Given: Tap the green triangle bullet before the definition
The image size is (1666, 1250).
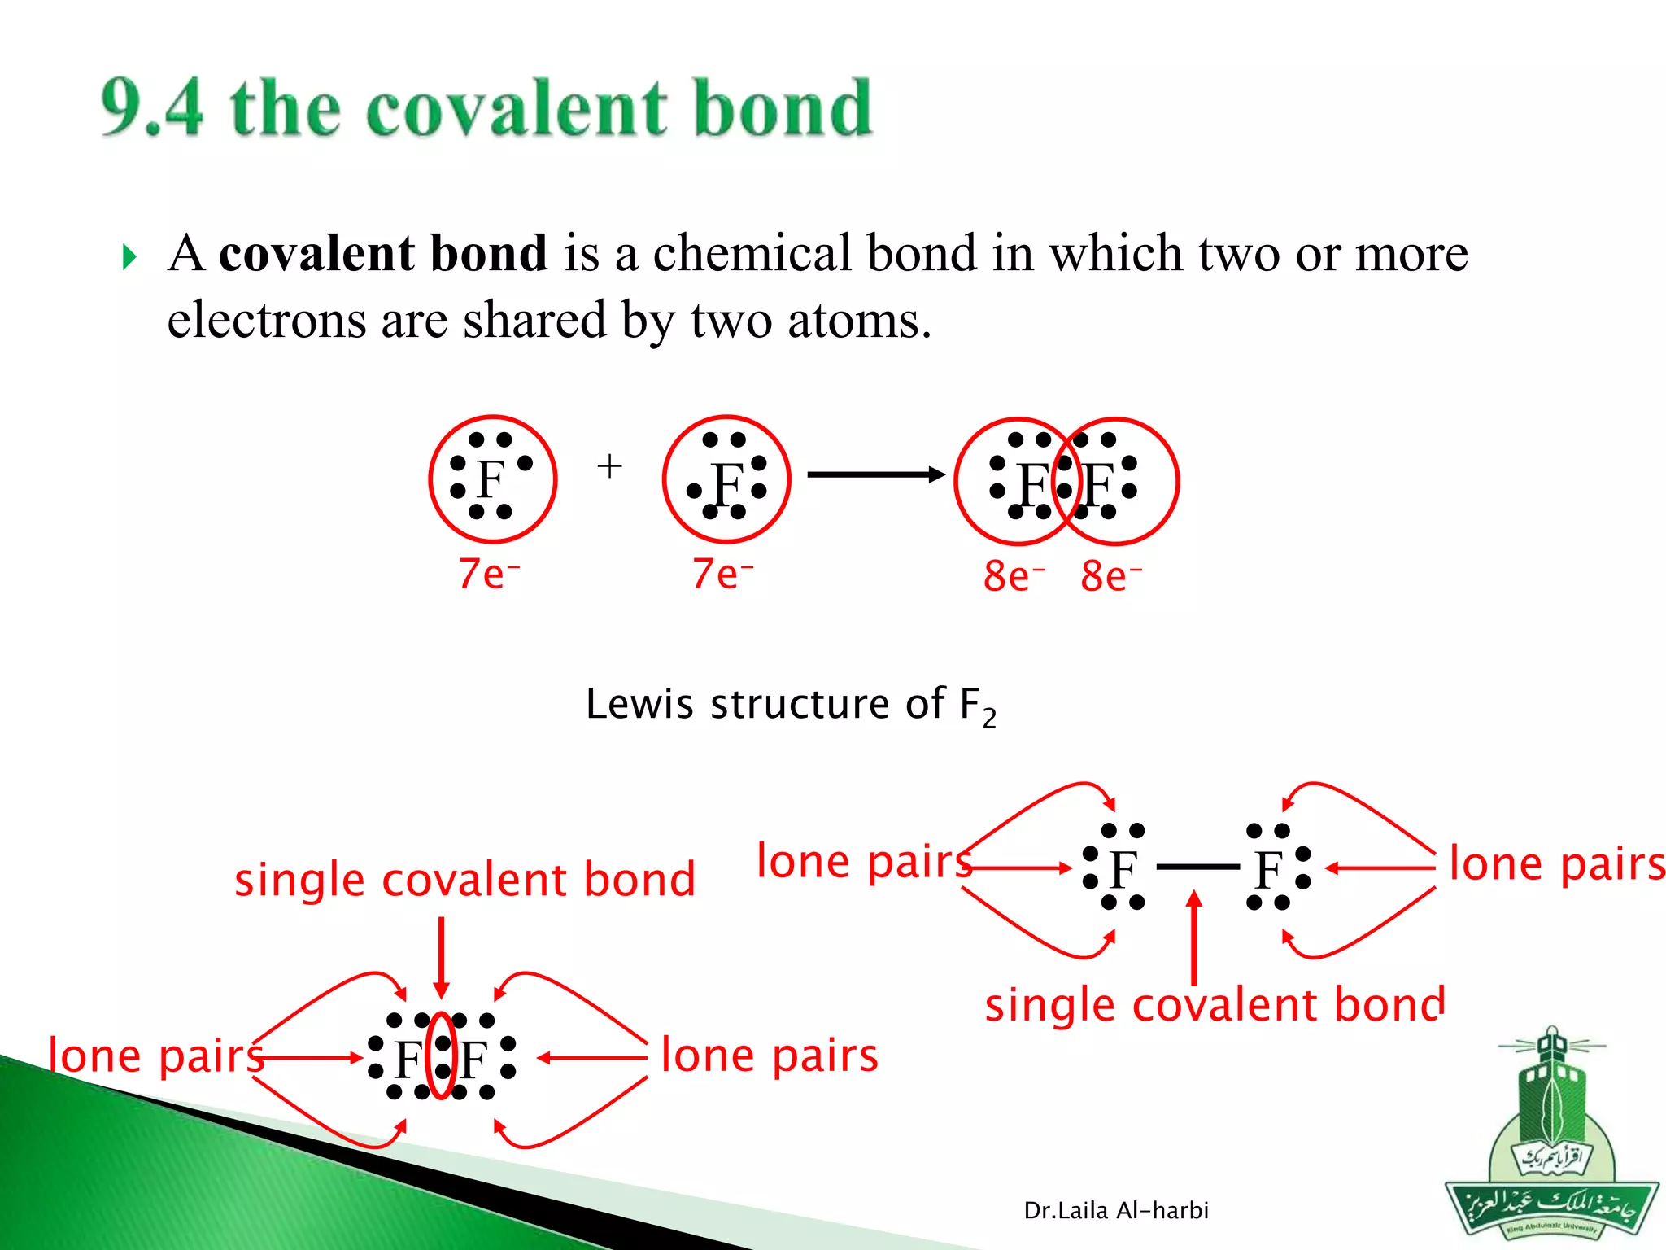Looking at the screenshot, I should pos(129,257).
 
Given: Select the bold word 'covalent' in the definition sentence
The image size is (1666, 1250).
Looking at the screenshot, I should pos(316,253).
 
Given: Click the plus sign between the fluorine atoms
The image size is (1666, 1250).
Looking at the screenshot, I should pos(609,466).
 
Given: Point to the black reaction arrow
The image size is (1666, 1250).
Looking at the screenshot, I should pos(874,474).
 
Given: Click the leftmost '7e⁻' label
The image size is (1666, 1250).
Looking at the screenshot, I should pos(488,574).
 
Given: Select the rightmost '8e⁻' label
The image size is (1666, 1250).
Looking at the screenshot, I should pos(1110,576).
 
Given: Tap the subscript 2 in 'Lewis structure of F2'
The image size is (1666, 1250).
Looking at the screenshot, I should pos(988,719).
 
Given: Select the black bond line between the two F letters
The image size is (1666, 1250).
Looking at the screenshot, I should pos(1197,868).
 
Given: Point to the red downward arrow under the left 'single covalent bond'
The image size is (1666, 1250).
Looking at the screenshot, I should pos(441,956).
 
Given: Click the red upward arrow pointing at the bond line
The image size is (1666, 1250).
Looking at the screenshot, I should pos(1193,936).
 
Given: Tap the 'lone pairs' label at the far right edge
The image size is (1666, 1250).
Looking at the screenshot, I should pos(1556,864).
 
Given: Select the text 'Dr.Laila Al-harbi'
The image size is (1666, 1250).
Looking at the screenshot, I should pos(1115,1211).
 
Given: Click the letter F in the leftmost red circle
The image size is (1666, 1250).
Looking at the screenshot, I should pos(491,479).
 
